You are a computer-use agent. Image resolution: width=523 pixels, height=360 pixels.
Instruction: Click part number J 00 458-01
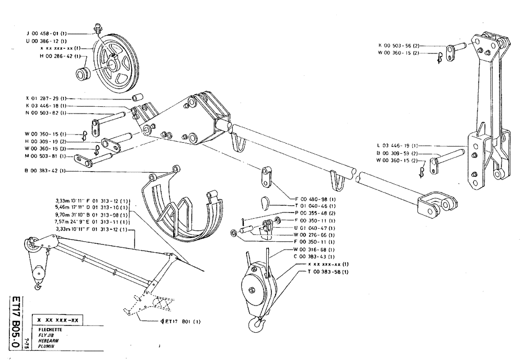tap(45, 33)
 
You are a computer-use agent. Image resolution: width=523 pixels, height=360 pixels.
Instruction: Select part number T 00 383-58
tap(327, 273)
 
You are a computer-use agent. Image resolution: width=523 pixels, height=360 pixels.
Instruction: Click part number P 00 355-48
tap(314, 214)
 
